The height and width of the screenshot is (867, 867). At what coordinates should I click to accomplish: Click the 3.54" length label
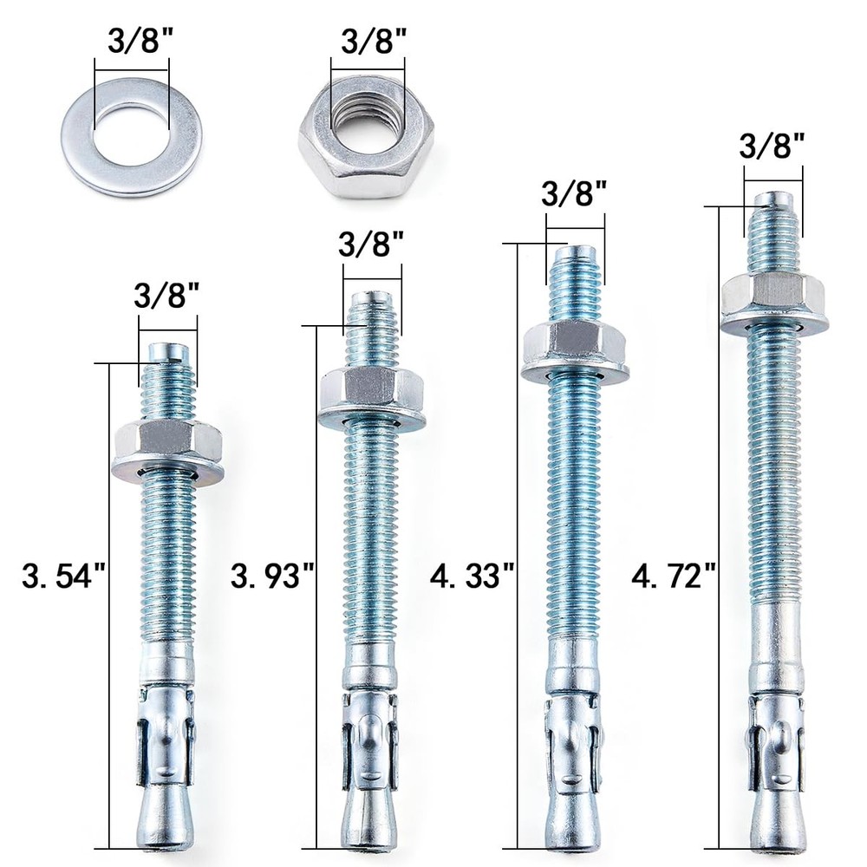tap(63, 576)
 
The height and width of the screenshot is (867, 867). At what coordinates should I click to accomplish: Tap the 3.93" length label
tap(272, 576)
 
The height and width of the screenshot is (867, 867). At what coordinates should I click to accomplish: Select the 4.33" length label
tap(473, 576)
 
